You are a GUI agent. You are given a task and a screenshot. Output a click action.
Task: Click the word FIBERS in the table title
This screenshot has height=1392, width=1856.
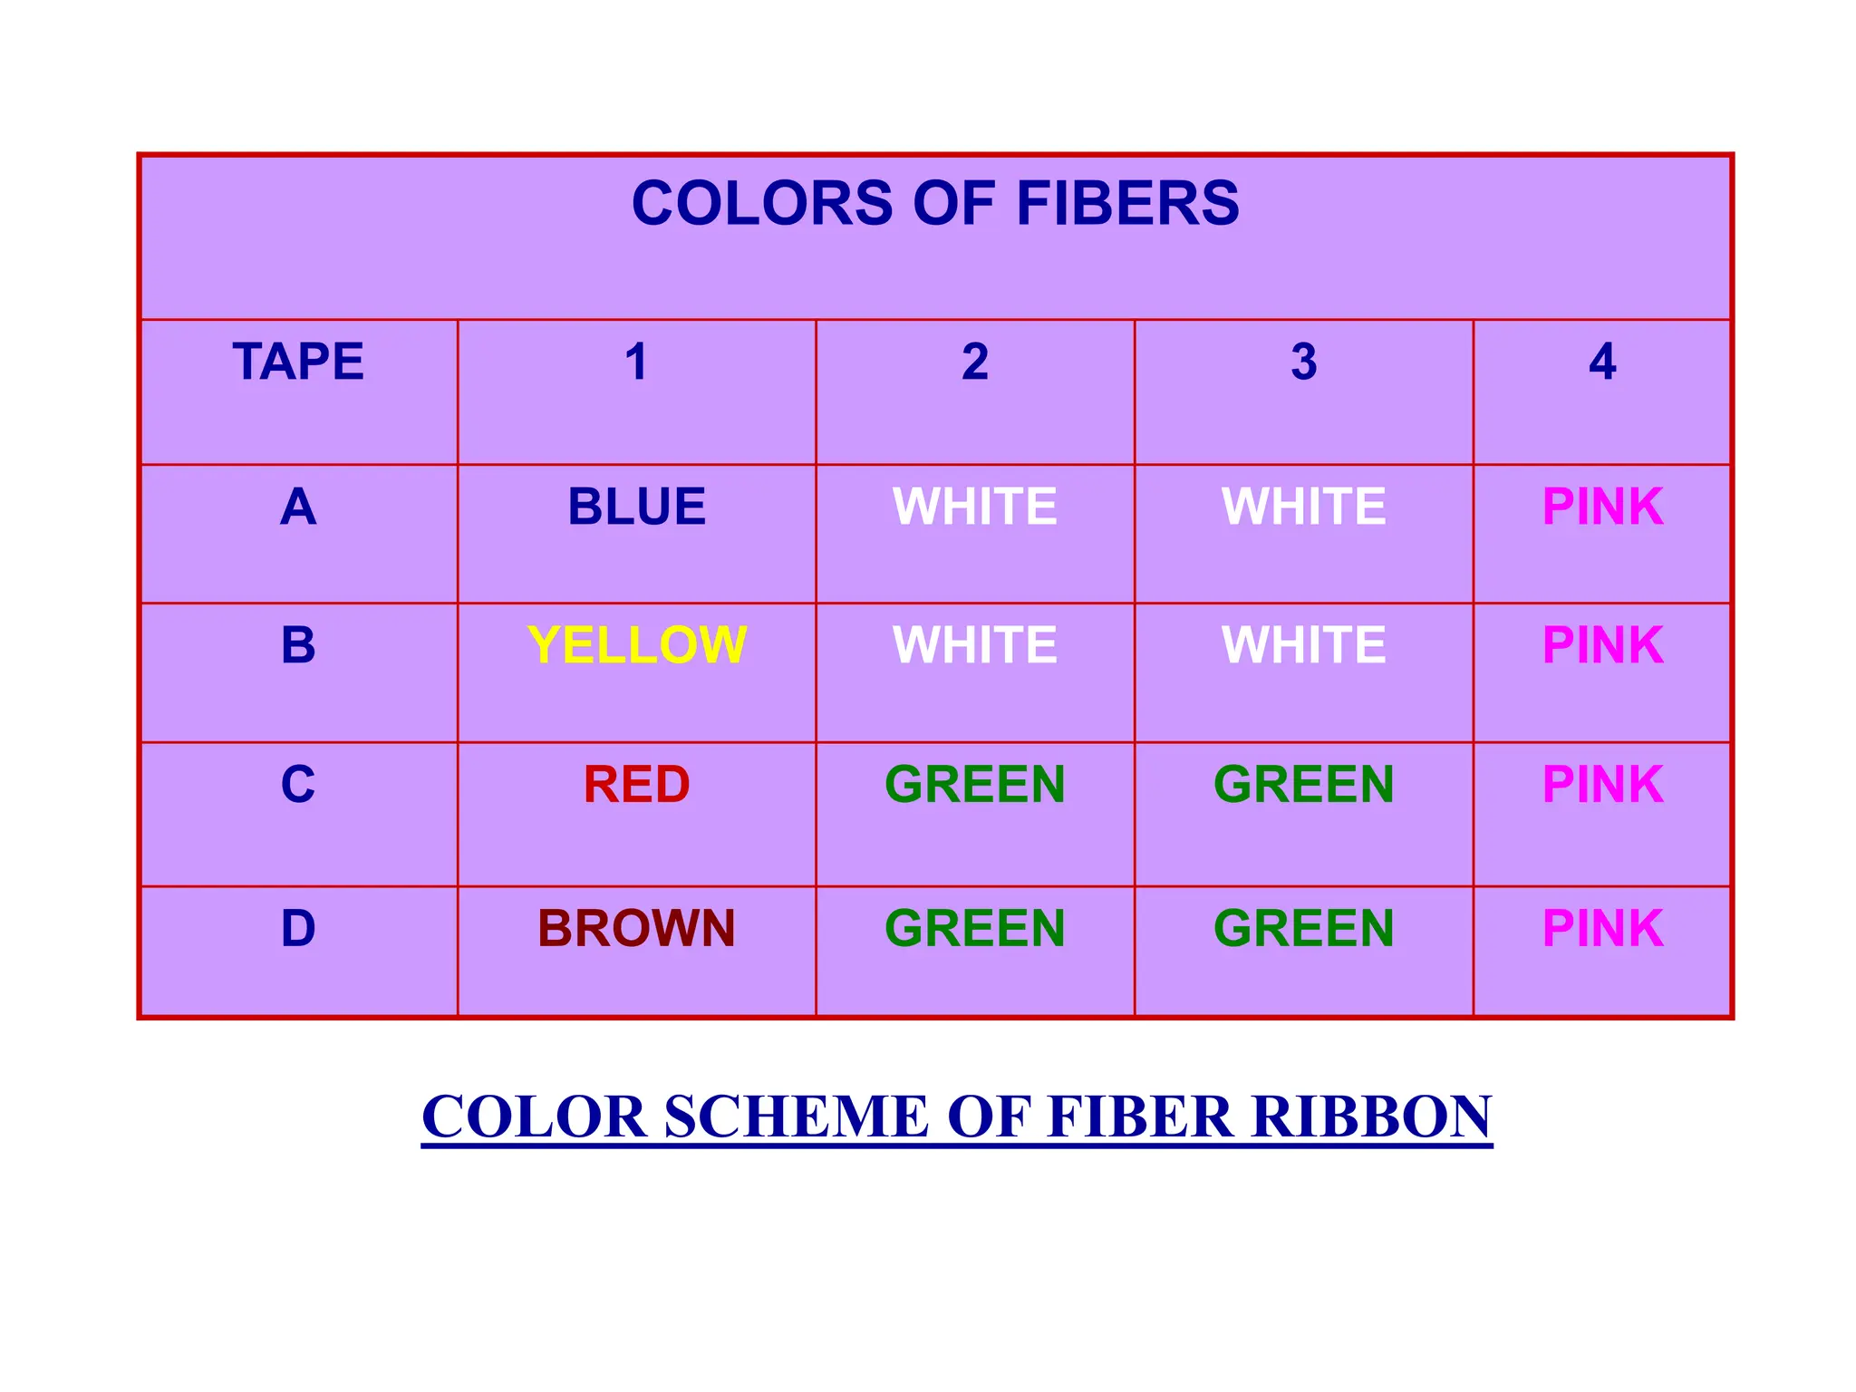pos(1127,203)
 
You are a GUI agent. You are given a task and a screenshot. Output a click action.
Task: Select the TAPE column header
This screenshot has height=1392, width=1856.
pos(298,362)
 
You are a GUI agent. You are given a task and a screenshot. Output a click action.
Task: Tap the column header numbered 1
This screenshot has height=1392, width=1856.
pos(636,362)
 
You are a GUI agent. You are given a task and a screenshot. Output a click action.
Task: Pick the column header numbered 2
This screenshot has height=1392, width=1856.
pos(975,362)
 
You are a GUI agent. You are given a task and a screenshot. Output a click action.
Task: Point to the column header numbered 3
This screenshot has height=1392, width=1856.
pos(1304,362)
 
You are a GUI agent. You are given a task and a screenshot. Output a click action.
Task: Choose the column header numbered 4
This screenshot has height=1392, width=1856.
pos(1602,362)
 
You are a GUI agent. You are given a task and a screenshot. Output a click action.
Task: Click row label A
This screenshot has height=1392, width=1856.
pos(298,507)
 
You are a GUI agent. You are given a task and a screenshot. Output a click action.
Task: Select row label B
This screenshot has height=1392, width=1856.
pos(298,645)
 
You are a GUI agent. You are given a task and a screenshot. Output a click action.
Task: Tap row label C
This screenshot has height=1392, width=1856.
pos(298,785)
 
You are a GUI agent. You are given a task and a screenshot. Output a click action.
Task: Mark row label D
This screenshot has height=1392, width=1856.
pos(298,929)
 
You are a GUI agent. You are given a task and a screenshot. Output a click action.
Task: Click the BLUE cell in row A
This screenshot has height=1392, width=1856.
pos(636,507)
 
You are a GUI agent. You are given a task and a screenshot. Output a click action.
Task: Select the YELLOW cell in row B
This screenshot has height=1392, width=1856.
pos(636,645)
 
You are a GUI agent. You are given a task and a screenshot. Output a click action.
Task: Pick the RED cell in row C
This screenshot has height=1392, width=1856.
pos(636,785)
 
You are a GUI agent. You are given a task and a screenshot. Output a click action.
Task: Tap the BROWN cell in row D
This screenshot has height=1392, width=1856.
pos(636,929)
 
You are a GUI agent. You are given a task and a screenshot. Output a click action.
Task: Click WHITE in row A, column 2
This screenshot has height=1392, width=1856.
pos(975,507)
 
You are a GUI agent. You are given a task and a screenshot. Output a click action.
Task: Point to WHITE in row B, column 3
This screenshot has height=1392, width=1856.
pos(1304,645)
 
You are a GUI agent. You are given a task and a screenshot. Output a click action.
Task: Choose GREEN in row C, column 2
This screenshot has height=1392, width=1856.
pos(975,785)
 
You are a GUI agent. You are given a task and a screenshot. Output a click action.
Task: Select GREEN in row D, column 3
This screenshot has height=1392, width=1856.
pos(1304,929)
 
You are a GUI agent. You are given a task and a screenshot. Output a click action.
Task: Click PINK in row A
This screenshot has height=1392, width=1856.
pos(1602,507)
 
